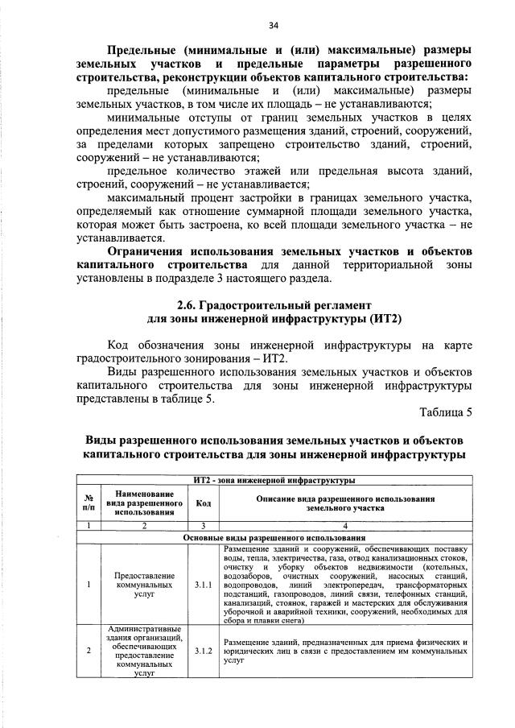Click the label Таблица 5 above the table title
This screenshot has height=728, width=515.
coord(446,412)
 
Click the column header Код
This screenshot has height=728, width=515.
coord(203,503)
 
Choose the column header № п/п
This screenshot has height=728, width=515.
coord(87,503)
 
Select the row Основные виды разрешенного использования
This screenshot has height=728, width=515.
coord(274,537)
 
